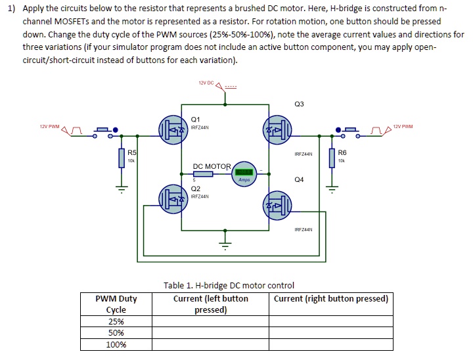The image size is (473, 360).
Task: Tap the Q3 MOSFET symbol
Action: [275, 129]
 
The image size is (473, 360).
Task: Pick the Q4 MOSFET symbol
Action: [275, 206]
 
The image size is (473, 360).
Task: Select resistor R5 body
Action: [122, 158]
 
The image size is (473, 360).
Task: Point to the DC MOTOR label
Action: [212, 166]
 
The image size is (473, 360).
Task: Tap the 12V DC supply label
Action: [206, 83]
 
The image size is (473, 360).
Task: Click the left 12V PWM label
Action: [49, 126]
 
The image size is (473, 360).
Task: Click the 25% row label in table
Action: [116, 321]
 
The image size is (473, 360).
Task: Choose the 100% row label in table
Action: [116, 344]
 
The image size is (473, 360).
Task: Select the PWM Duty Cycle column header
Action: [116, 304]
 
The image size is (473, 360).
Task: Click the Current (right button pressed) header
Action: [330, 298]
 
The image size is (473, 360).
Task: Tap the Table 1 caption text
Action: [229, 285]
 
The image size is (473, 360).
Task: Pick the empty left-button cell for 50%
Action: [210, 333]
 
